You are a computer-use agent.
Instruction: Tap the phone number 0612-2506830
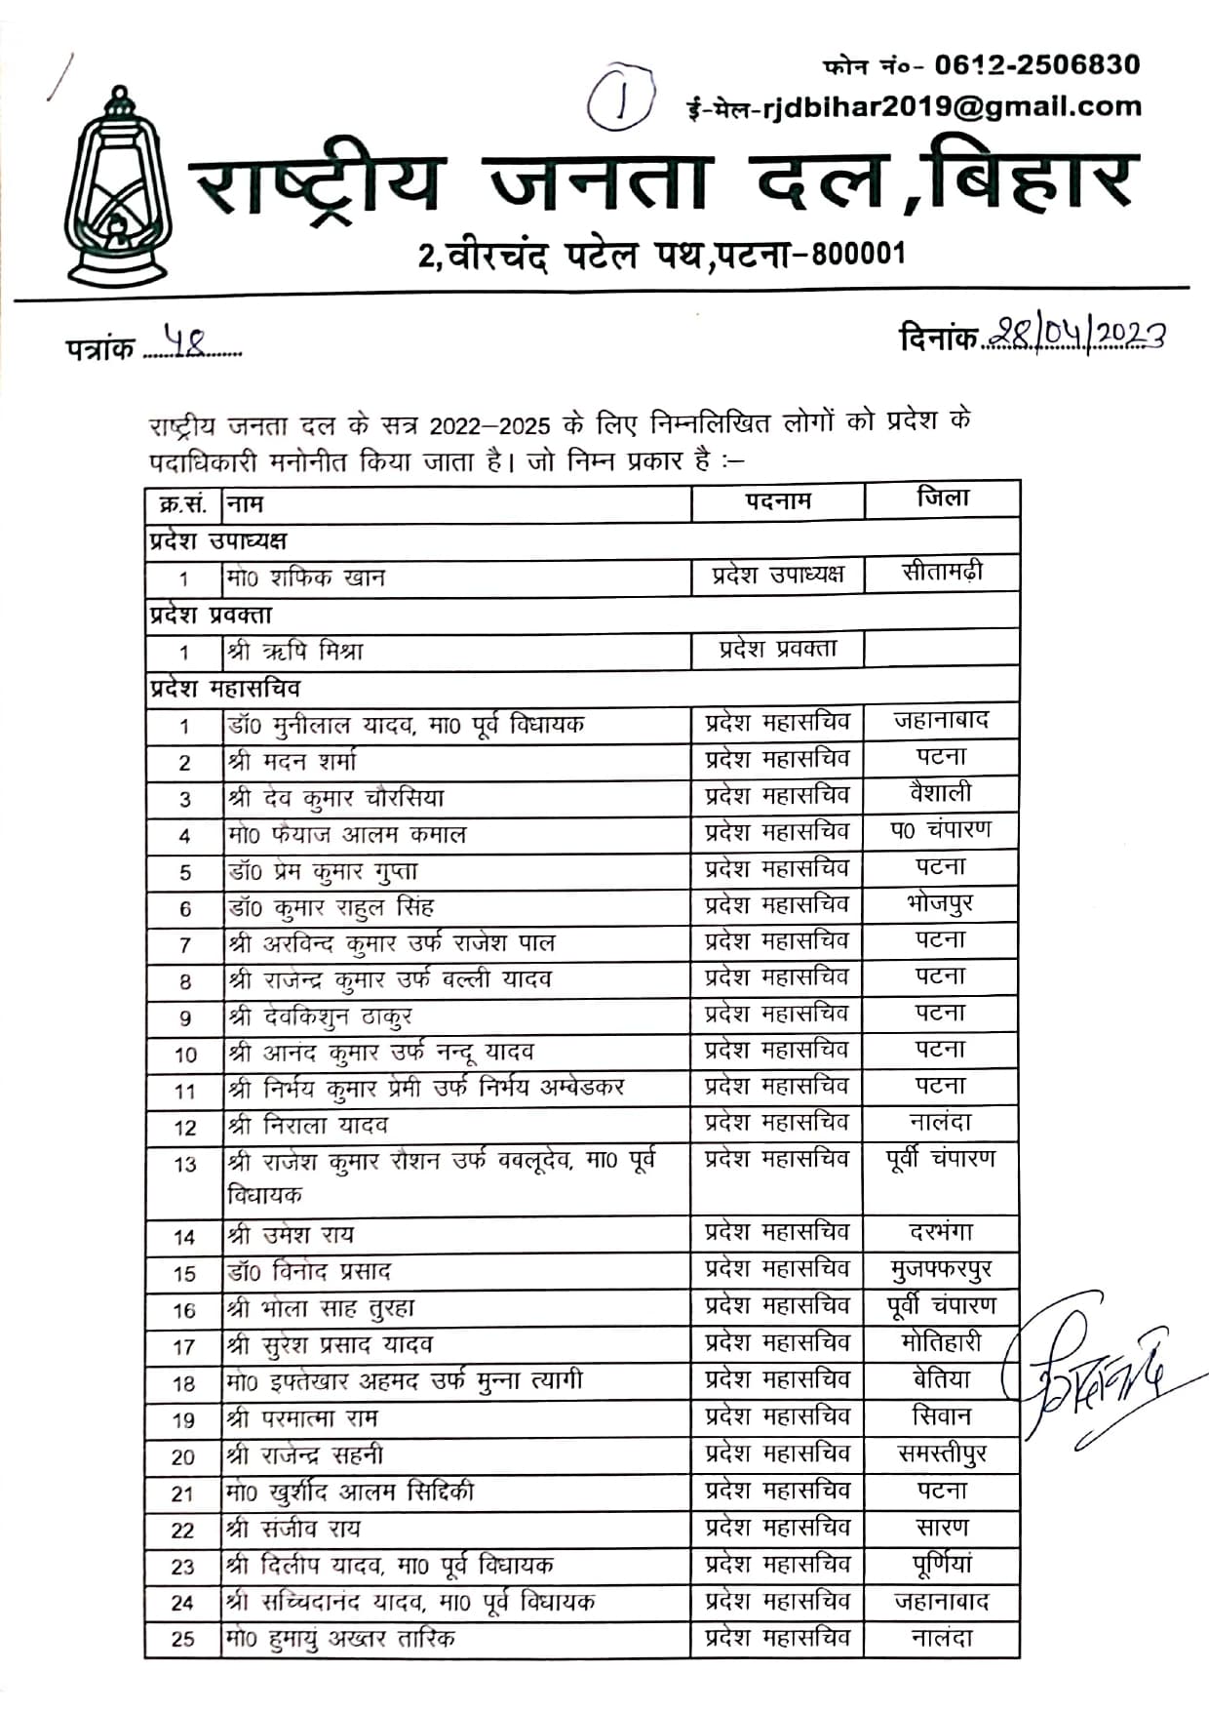[1036, 65]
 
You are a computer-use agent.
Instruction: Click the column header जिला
[942, 498]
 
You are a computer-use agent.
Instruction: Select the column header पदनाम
[777, 500]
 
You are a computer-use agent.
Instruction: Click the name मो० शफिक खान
[306, 578]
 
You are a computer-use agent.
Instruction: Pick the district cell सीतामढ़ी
[942, 573]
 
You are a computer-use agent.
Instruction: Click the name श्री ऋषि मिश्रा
[294, 651]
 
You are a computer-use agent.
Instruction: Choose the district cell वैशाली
[941, 794]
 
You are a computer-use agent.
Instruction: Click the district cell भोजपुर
[939, 904]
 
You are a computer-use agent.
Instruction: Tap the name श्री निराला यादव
[308, 1126]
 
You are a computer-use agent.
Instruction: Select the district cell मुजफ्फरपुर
[941, 1270]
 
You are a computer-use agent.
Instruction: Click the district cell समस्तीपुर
[941, 1454]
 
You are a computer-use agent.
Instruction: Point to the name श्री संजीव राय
[293, 1529]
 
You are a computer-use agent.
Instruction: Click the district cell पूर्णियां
[941, 1565]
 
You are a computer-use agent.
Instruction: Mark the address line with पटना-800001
[662, 256]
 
